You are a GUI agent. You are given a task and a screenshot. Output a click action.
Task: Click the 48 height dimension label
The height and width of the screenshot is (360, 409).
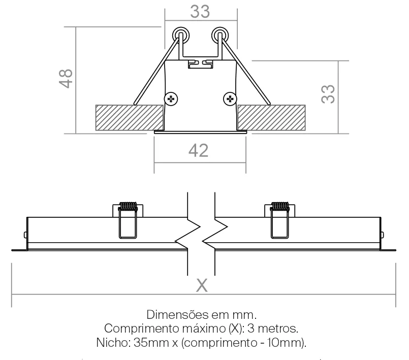pyautogui.click(x=66, y=79)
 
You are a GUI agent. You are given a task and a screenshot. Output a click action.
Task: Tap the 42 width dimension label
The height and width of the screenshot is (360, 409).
pyautogui.click(x=199, y=151)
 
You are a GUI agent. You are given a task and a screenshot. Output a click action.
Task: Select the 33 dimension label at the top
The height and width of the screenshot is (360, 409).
pyautogui.click(x=200, y=12)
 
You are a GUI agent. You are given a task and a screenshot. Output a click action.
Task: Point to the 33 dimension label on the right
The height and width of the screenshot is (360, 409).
pyautogui.click(x=328, y=94)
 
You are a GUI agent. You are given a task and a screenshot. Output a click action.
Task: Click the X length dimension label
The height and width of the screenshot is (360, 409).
pyautogui.click(x=202, y=285)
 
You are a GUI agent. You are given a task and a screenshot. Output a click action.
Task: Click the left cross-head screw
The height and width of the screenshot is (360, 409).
pyautogui.click(x=171, y=99)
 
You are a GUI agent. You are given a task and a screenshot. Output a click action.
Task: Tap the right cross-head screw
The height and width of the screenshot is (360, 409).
pyautogui.click(x=230, y=99)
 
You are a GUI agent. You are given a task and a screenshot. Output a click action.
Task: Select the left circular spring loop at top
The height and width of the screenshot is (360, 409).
pyautogui.click(x=181, y=35)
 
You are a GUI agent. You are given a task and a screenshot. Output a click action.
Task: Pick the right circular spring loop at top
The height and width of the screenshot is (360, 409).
pyautogui.click(x=220, y=35)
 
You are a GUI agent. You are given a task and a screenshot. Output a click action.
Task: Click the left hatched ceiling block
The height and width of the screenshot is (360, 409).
pyautogui.click(x=130, y=118)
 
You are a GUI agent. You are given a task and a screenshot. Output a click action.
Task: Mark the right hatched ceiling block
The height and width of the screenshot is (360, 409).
pyautogui.click(x=271, y=118)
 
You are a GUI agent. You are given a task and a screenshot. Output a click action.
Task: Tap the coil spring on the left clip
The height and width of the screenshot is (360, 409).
pyautogui.click(x=128, y=206)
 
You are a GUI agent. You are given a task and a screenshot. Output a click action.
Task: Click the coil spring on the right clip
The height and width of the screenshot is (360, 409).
pyautogui.click(x=279, y=206)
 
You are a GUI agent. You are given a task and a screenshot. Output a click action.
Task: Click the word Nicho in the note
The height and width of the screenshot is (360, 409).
pyautogui.click(x=113, y=342)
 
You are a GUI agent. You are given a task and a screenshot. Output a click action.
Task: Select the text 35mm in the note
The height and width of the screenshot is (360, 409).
pyautogui.click(x=151, y=343)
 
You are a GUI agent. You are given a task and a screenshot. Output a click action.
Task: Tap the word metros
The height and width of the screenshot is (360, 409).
pyautogui.click(x=278, y=329)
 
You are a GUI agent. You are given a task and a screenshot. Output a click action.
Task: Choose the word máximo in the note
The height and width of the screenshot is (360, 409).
pyautogui.click(x=204, y=329)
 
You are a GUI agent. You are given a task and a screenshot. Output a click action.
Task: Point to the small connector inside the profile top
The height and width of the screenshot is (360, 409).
pyautogui.click(x=200, y=64)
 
